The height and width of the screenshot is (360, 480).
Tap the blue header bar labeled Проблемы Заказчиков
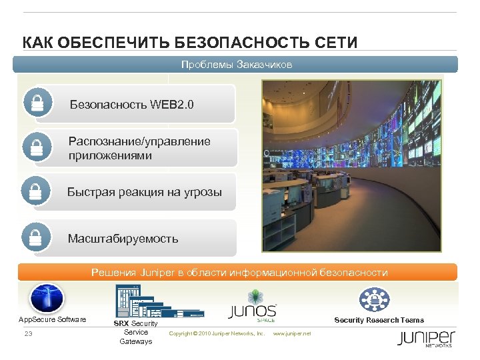pos(237,65)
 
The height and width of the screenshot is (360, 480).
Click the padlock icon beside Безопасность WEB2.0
pos(37,103)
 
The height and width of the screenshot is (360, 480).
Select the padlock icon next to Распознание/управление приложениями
pos(37,147)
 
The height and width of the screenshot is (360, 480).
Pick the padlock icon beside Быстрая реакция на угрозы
pos(36,191)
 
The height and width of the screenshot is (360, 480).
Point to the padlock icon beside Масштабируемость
pos(36,237)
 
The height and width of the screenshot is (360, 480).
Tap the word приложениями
pos(110,155)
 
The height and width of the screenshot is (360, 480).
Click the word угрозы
pos(200,192)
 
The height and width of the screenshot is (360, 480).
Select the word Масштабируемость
pos(123,238)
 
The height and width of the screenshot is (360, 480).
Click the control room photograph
pos(351,166)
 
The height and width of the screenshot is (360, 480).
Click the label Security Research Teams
pos(379,321)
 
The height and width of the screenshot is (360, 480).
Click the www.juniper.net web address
pos(292,333)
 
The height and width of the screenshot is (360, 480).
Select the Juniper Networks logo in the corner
pos(426,338)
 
